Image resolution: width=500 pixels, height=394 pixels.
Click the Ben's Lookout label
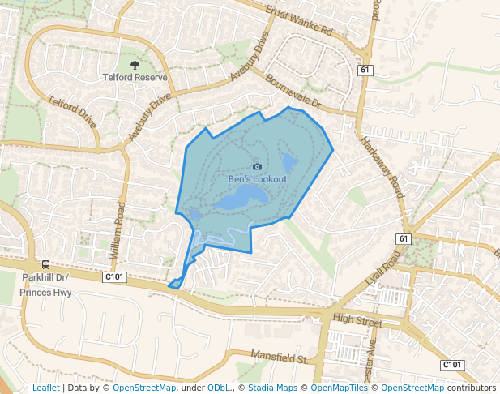coord(257,178)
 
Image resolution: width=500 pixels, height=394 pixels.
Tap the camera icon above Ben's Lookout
coord(257,166)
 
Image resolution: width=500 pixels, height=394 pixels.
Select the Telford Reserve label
coord(135,78)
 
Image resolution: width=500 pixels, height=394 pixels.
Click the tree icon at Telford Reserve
coord(135,65)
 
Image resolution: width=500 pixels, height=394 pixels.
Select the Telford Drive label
coord(72,113)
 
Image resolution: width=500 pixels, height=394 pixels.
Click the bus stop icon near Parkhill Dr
coord(46,264)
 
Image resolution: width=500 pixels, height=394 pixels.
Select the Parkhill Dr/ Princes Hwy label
coord(46,285)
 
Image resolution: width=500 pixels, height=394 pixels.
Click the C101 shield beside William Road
coord(115,277)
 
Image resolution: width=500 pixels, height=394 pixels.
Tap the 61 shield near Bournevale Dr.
coord(365,71)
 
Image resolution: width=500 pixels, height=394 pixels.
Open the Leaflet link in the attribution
coord(45,388)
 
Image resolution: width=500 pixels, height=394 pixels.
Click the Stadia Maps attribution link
coord(267,388)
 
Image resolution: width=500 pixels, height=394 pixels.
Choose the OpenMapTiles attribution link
coord(334,388)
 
